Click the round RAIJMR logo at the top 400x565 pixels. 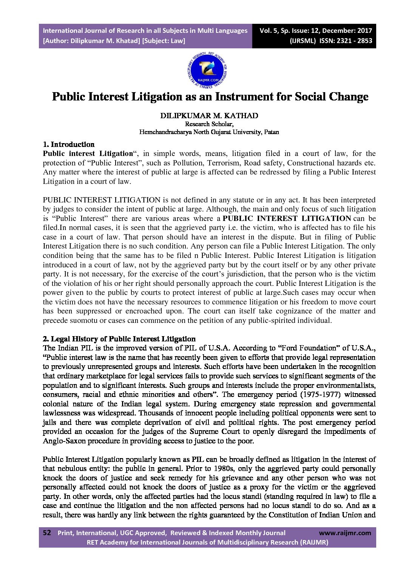coord(207,70)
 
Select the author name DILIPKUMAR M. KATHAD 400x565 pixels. coord(209,116)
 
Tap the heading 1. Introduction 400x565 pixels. coord(69,144)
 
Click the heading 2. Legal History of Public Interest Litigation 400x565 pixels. coord(119,339)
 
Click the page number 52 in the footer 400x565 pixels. coord(47,533)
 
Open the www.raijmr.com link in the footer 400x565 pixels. coord(345,533)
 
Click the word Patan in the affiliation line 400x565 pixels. coord(271,132)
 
